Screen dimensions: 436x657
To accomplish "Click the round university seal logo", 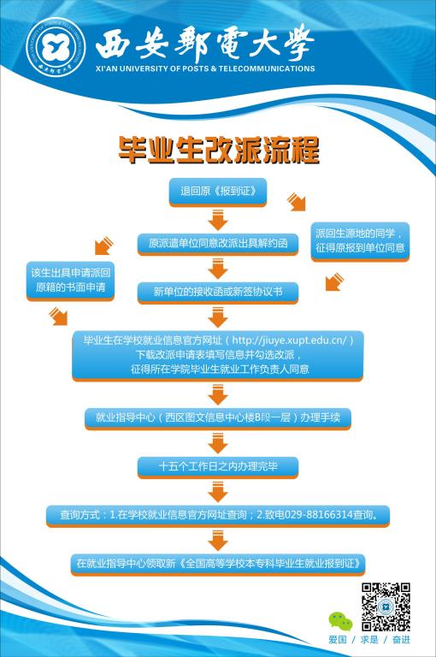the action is [56, 47].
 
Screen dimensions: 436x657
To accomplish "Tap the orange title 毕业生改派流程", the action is [218, 150].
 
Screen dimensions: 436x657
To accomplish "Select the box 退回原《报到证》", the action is [218, 192].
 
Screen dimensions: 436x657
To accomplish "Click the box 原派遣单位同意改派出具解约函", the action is [218, 244].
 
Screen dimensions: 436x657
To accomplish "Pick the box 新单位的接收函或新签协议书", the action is [218, 292].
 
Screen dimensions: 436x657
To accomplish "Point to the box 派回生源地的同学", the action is [360, 241].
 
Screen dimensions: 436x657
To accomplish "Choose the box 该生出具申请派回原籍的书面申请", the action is [70, 281].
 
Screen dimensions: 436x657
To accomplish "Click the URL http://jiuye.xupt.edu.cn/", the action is [290, 340].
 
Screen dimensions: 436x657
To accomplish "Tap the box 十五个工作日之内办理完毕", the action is [218, 467].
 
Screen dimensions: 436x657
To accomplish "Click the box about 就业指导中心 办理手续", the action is [218, 418].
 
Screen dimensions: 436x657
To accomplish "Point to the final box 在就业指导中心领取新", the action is [218, 564].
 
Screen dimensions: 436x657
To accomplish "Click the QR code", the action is [386, 607].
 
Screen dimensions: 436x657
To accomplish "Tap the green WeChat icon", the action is [340, 621].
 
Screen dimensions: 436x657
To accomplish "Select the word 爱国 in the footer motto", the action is [338, 640].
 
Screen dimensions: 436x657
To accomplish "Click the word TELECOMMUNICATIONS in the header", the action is [267, 68].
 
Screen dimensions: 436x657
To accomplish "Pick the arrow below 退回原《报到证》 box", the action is [218, 220].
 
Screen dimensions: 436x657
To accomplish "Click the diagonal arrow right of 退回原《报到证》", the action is [297, 202].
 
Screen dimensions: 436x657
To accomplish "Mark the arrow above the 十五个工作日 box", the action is [218, 443].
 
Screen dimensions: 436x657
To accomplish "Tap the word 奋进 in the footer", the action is [401, 640].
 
